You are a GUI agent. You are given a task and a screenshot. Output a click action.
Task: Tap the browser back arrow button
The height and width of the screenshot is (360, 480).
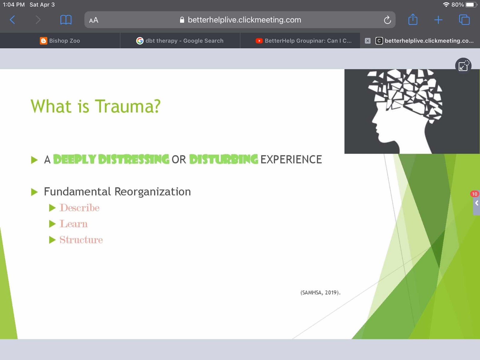(13, 20)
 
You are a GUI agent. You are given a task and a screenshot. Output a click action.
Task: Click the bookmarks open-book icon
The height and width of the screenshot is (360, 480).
(66, 20)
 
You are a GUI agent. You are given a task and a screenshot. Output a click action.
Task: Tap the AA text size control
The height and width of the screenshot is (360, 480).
(94, 20)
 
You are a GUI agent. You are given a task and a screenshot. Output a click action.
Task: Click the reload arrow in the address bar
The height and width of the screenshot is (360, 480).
(387, 20)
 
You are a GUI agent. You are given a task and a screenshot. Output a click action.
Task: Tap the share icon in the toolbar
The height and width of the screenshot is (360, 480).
(413, 19)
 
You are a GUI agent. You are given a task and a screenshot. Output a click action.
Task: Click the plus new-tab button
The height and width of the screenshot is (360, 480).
(438, 20)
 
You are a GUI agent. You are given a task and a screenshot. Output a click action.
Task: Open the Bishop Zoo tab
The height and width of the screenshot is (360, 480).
(60, 41)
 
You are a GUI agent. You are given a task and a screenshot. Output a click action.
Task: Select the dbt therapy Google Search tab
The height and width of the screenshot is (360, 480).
(180, 41)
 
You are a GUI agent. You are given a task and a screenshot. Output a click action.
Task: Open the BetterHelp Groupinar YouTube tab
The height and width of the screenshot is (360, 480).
(304, 41)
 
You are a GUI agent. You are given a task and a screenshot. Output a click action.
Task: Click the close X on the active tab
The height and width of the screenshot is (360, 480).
(367, 41)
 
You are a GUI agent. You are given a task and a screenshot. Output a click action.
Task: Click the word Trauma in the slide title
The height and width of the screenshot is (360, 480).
(128, 106)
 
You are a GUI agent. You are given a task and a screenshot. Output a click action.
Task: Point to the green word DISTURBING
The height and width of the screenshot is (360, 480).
(223, 159)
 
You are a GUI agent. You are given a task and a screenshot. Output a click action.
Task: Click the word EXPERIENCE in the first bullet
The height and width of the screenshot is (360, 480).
(291, 159)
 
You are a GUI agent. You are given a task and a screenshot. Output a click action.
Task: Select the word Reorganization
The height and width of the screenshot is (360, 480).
(153, 192)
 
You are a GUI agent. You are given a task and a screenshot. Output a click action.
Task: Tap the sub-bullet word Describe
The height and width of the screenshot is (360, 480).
(79, 208)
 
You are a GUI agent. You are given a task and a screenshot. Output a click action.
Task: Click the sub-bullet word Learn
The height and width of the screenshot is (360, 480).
(73, 224)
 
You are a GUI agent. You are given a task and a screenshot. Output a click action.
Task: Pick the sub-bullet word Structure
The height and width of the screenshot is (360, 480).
(81, 240)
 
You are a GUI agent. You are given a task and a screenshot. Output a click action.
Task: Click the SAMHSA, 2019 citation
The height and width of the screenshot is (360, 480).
(320, 292)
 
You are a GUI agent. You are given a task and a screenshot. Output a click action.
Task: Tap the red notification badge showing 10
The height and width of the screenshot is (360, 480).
(474, 194)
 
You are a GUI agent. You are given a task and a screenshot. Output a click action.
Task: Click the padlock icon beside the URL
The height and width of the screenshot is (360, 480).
(182, 20)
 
